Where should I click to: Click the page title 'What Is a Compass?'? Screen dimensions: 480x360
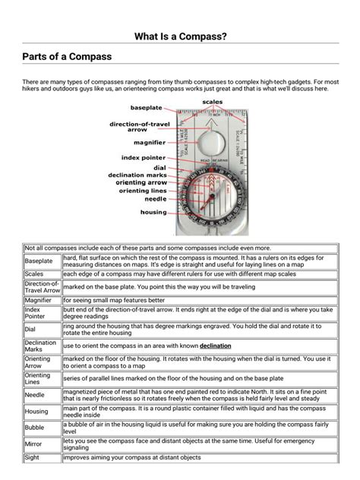coord(180,36)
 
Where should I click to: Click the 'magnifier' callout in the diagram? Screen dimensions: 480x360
coord(150,142)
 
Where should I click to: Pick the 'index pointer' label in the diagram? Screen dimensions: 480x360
coord(144,157)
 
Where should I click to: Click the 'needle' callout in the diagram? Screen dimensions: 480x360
coord(156,200)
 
